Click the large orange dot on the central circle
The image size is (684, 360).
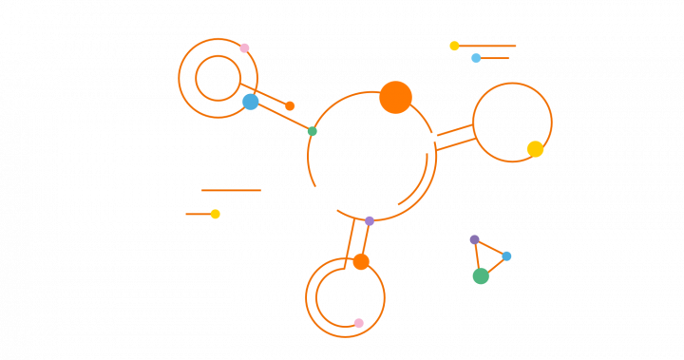click(x=395, y=97)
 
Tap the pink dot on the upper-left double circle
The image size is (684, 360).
click(x=244, y=47)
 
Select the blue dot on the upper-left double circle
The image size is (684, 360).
click(x=250, y=102)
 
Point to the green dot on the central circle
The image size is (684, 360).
click(x=312, y=131)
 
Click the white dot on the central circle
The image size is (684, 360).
click(x=432, y=137)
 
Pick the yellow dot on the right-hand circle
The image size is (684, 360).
click(x=535, y=148)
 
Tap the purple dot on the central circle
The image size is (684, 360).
click(x=370, y=220)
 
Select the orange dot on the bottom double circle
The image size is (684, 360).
click(x=361, y=261)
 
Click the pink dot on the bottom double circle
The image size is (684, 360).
click(x=358, y=323)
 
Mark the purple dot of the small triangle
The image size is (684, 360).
click(x=474, y=239)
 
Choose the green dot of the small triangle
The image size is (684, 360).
click(x=481, y=276)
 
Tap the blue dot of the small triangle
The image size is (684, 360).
click(x=506, y=256)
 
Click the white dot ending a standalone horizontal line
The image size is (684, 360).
click(x=265, y=190)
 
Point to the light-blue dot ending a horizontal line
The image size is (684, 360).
click(x=476, y=58)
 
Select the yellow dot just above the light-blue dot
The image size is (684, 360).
click(x=454, y=46)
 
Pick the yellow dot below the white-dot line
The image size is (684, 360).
click(x=215, y=214)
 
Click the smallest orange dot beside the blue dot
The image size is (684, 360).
click(x=290, y=105)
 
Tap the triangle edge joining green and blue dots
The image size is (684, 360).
click(x=494, y=266)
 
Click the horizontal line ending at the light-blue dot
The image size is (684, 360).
click(x=495, y=58)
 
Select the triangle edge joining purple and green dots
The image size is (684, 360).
click(x=477, y=256)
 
